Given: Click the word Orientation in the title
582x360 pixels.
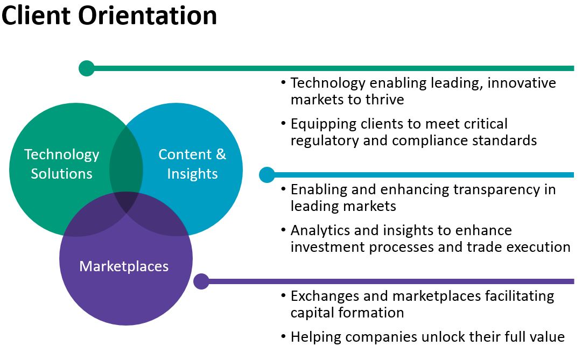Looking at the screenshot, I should (148, 16).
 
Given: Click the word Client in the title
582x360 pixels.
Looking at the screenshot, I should (37, 16).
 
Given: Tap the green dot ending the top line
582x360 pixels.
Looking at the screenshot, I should (86, 68).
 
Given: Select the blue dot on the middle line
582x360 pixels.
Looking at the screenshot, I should (267, 175).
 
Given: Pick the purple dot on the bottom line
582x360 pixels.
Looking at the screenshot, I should (201, 281).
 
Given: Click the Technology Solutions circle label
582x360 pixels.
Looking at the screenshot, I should (62, 164).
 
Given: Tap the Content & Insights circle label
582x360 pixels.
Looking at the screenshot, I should (192, 164).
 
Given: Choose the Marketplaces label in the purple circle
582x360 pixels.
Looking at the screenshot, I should (124, 266).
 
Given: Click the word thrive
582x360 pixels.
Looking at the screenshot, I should (385, 100).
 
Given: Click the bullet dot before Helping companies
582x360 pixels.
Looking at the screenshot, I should (284, 337).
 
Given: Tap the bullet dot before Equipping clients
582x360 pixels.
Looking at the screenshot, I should (284, 124).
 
